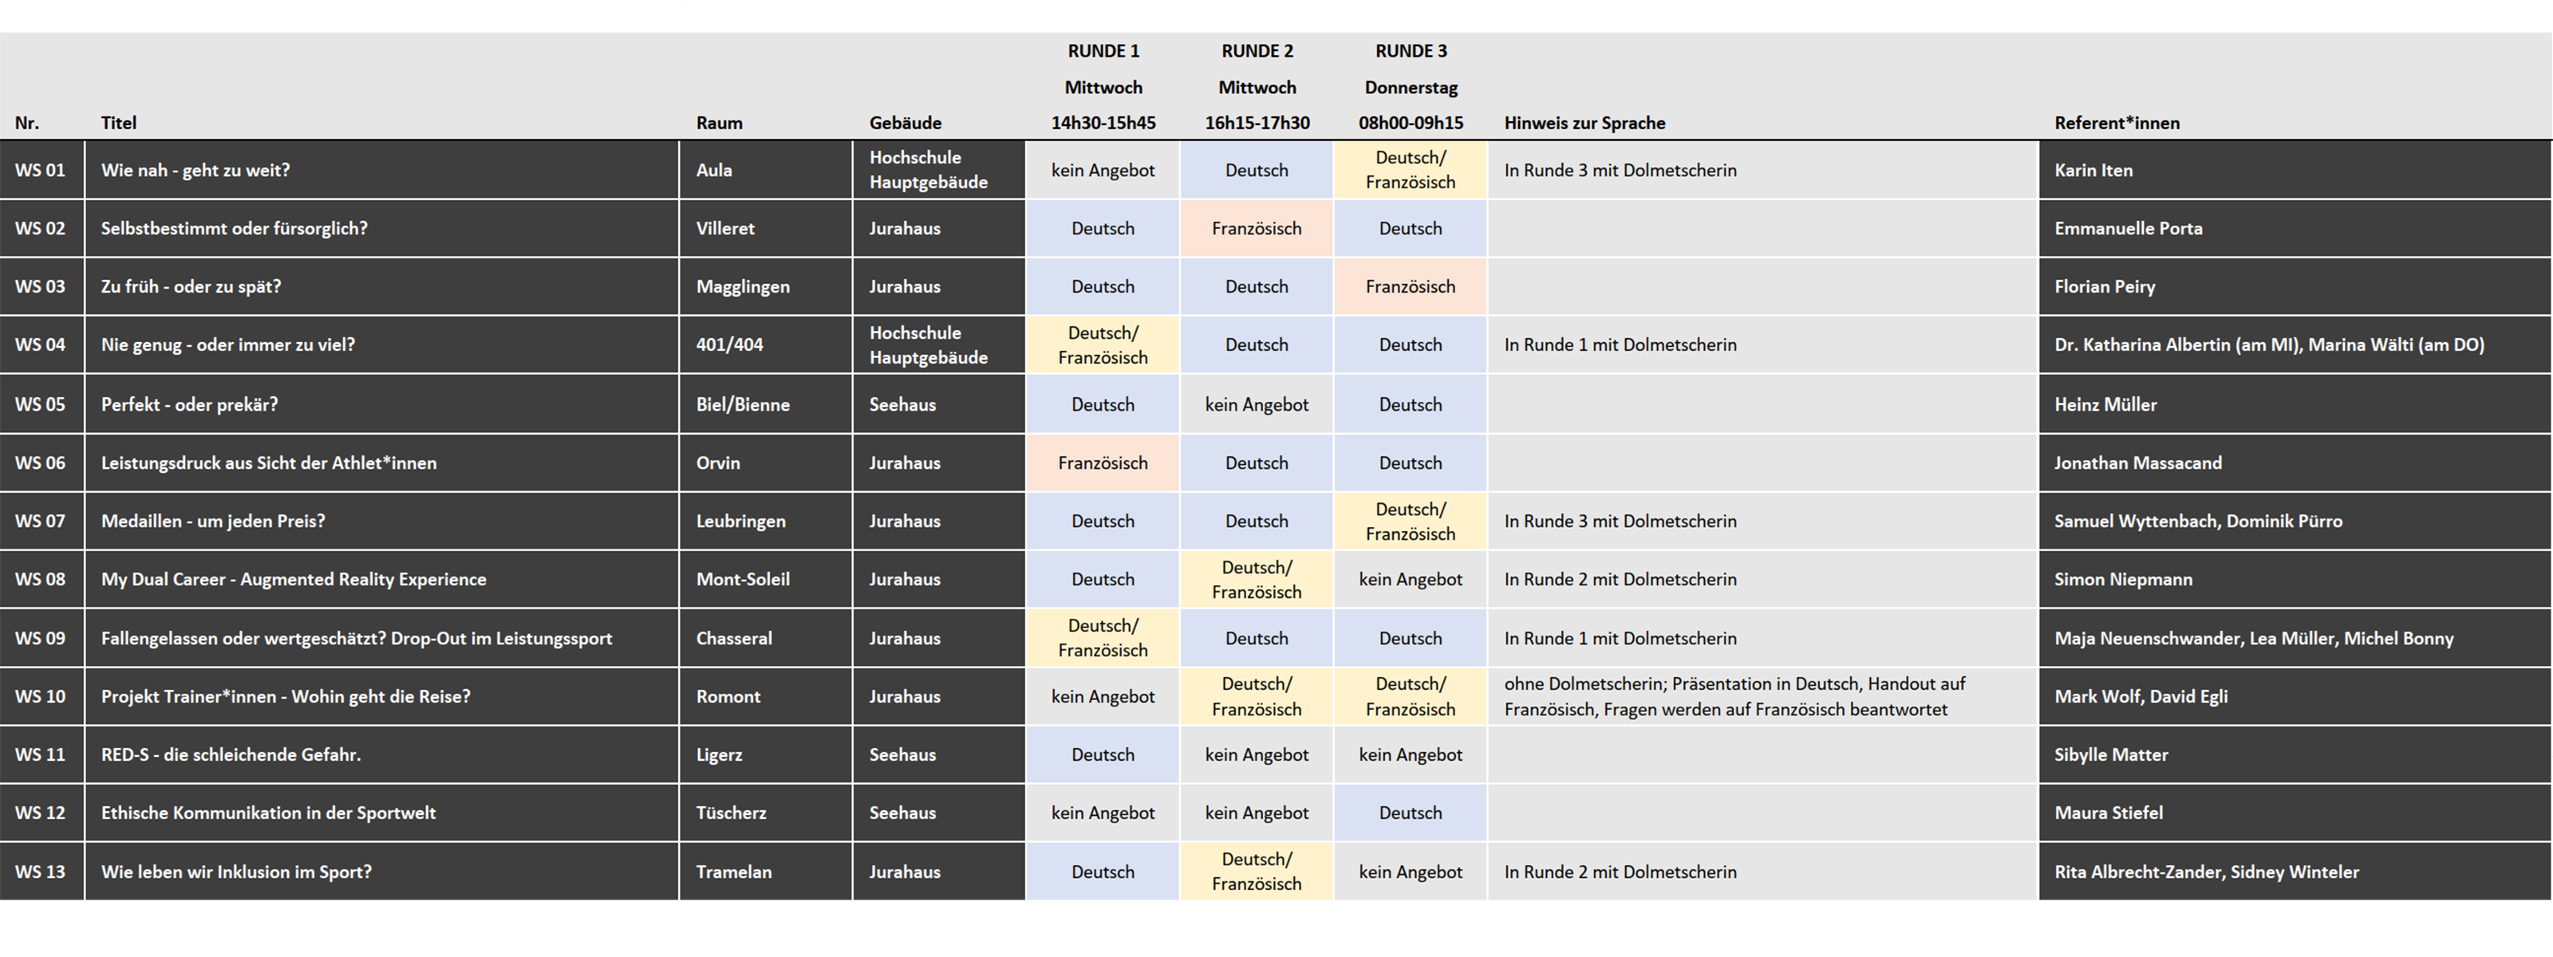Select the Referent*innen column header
click(2117, 123)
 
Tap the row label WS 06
click(40, 463)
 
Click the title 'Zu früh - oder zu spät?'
click(191, 286)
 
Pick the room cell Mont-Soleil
click(742, 580)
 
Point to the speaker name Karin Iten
click(2093, 171)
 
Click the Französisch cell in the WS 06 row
click(1102, 463)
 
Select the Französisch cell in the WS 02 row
click(1256, 229)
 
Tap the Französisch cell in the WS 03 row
click(1411, 286)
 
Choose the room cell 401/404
click(729, 345)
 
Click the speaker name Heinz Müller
click(2105, 404)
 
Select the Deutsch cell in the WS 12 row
click(1411, 813)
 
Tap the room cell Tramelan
click(733, 872)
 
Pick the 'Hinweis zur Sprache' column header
click(1584, 123)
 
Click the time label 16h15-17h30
click(1257, 123)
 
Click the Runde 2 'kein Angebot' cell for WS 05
click(1256, 404)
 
